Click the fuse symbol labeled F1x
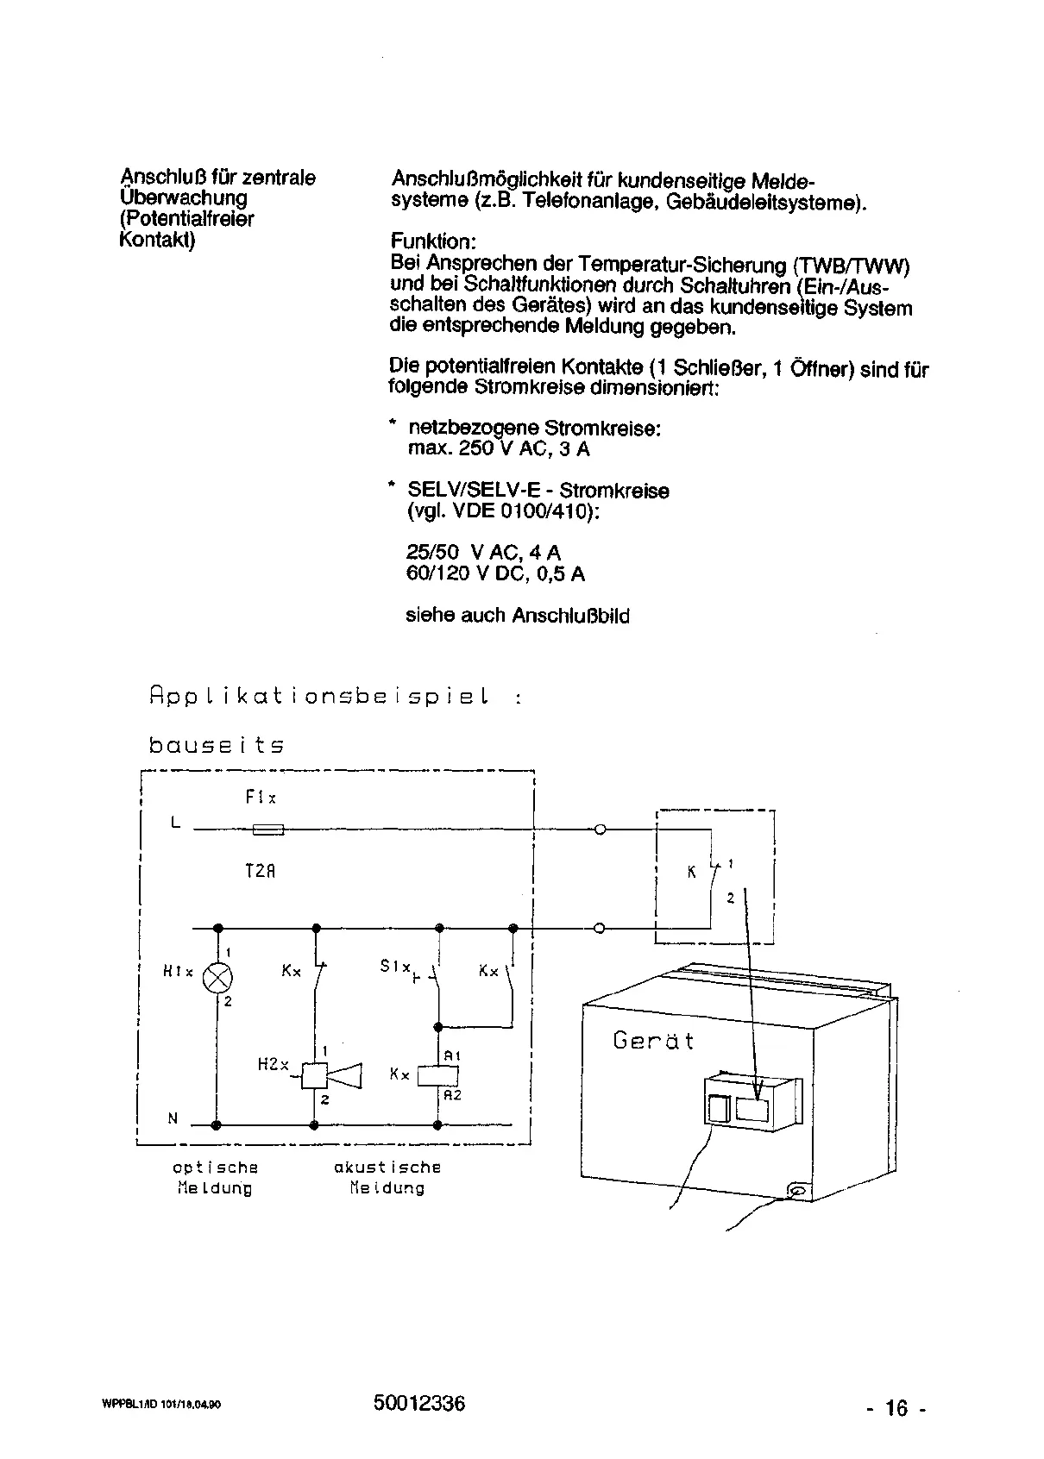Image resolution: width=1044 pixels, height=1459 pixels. coord(267,830)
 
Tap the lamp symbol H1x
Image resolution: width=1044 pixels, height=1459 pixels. coord(217,978)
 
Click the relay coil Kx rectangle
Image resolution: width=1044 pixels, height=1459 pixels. coord(437,1075)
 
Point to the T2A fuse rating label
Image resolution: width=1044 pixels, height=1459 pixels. coord(260,871)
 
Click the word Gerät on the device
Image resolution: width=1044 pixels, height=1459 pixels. coord(653,1040)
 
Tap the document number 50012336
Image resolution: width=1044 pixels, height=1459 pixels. coord(419,1404)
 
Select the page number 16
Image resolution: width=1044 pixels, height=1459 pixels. coord(896,1409)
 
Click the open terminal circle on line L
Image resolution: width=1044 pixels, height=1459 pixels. coord(600,830)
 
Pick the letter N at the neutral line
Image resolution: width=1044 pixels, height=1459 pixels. coord(173,1119)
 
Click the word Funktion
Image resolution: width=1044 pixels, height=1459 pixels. coord(433,241)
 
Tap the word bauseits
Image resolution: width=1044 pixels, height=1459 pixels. coord(217,745)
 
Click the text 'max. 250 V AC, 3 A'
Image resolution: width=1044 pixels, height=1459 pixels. coord(499,449)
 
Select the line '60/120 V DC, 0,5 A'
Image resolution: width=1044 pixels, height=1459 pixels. coord(495,574)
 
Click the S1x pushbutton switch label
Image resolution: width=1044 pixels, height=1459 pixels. coord(395,967)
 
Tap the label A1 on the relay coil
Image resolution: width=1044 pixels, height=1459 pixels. coord(452,1055)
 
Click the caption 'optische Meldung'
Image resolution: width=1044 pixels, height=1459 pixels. coord(215,1178)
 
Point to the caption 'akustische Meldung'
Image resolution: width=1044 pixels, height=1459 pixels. coord(387,1178)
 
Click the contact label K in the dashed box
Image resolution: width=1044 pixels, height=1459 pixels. coord(691,873)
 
